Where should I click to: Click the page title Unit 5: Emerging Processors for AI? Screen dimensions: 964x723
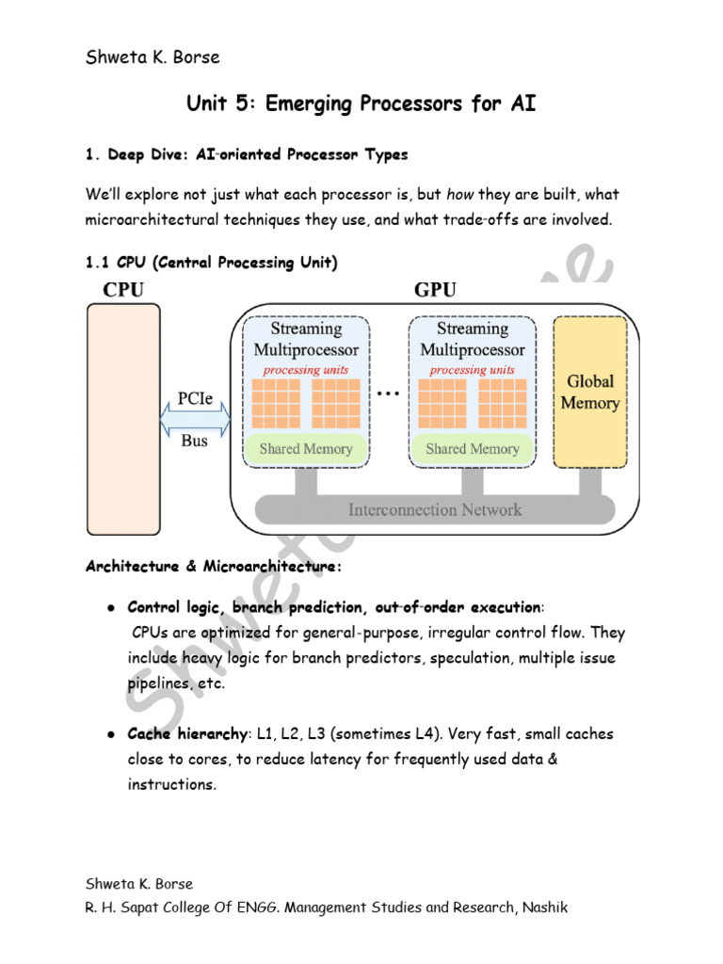[361, 103]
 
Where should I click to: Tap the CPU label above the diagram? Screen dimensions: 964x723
[123, 290]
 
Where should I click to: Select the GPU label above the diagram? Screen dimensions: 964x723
[434, 290]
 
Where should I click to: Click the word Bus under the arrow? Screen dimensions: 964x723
[195, 441]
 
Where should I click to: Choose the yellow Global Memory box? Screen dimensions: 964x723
[589, 393]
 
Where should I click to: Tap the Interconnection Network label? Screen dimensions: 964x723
[434, 510]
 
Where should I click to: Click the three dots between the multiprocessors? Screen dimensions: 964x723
[389, 394]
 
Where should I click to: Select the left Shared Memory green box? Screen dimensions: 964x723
[306, 449]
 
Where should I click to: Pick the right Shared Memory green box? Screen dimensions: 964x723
[473, 449]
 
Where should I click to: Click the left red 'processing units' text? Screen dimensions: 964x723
[306, 370]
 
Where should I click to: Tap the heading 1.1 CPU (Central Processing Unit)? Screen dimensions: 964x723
[211, 262]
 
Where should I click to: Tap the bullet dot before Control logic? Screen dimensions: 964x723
[110, 608]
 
